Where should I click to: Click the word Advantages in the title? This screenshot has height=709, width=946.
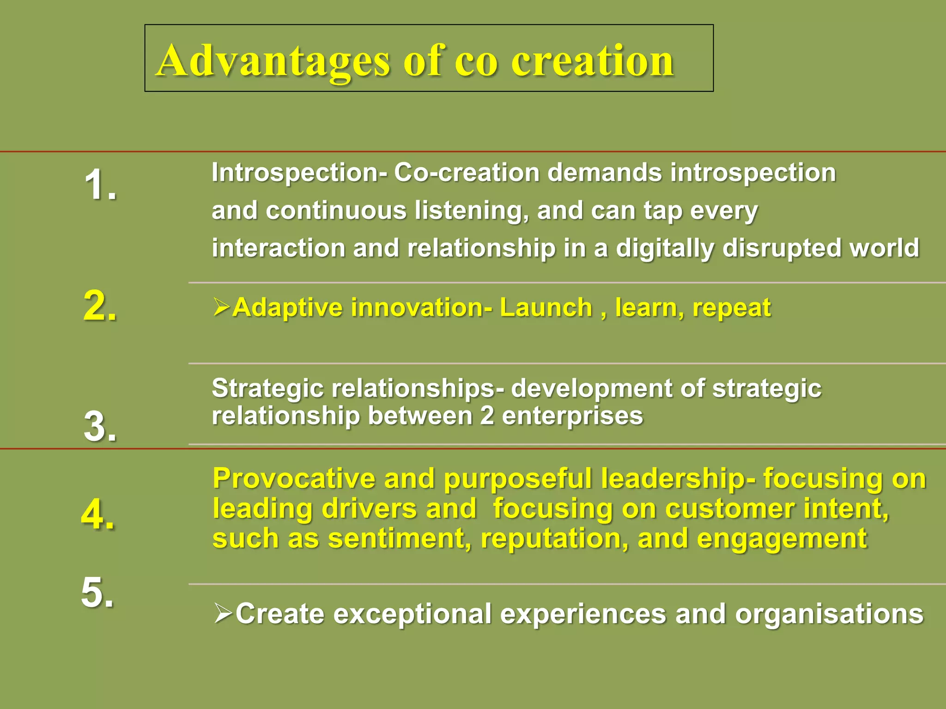pyautogui.click(x=273, y=61)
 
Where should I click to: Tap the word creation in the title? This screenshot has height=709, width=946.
pyautogui.click(x=592, y=61)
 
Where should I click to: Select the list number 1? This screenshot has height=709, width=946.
pyautogui.click(x=100, y=185)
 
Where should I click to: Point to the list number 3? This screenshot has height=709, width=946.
pyautogui.click(x=100, y=427)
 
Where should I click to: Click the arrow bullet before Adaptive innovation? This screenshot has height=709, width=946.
pyautogui.click(x=222, y=307)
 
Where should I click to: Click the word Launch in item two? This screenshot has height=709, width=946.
pyautogui.click(x=546, y=307)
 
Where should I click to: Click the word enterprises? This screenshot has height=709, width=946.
pyautogui.click(x=572, y=416)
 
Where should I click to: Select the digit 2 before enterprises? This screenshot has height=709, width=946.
pyautogui.click(x=487, y=415)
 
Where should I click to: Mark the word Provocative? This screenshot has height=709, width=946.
pyautogui.click(x=294, y=478)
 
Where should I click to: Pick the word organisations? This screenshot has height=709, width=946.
pyautogui.click(x=829, y=614)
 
